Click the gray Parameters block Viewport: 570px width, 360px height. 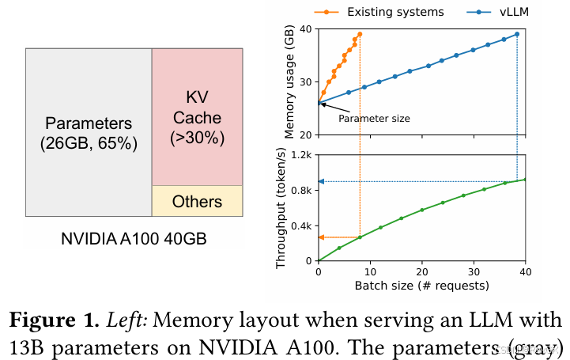[89, 133]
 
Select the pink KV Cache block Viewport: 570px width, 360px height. [197, 117]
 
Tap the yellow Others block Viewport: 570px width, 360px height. [197, 201]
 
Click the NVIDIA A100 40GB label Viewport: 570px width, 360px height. [134, 237]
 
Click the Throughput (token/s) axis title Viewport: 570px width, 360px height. [282, 207]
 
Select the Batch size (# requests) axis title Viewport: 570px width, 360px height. [421, 285]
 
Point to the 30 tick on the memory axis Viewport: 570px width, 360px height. [306, 81]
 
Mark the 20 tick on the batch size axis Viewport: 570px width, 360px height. [422, 271]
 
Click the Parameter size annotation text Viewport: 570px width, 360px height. [374, 119]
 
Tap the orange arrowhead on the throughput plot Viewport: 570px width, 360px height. [321, 237]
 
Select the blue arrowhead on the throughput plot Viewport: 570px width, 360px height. [321, 181]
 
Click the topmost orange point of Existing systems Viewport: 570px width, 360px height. [360, 34]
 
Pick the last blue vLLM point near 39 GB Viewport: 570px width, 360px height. [517, 34]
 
